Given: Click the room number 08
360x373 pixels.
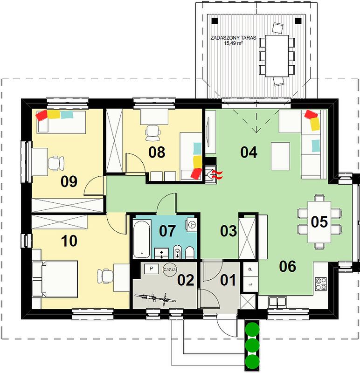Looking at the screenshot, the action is pos(157,152).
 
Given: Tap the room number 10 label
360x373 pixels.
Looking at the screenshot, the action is pos(69,241).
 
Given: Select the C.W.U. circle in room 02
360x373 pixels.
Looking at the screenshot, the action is pos(169,269).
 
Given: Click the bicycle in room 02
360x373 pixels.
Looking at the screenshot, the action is pos(155,298).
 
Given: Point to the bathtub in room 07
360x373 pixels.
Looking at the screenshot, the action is pos(142,239).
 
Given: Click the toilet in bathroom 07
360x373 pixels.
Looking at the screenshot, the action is pos(189,252).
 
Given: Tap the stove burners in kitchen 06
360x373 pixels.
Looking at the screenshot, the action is pos(321,284).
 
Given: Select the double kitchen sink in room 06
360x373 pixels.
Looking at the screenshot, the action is pos(277,301).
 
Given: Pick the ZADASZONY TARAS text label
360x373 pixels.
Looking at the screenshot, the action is pos(233,38).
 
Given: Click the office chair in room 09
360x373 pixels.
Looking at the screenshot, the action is pos(56,163).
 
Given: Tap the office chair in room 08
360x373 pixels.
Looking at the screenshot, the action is pos(152,133).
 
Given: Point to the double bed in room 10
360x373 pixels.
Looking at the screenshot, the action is pos(55,279).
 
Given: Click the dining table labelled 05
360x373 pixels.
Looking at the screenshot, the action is pos(319,222).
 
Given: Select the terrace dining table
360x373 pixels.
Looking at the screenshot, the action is pos(277,55).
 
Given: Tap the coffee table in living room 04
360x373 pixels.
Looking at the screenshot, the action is pos(280,156).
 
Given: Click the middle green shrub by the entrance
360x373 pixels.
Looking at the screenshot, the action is pos(252,345).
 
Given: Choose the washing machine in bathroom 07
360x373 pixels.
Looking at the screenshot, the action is pos(192,224).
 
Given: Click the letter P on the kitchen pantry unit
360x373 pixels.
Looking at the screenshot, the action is pos(249,269).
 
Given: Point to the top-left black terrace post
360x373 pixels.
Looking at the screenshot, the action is pos(215,21).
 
